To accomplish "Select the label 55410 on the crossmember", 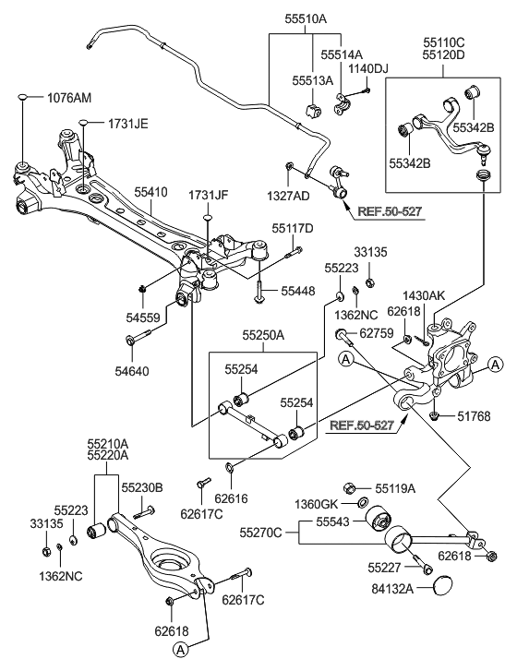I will (x=151, y=193).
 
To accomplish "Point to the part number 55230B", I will (x=142, y=486).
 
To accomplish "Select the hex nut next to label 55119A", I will (x=351, y=486).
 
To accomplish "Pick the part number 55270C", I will (x=262, y=533).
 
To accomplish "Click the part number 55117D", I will (x=293, y=227).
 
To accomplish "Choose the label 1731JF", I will (x=209, y=196).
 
